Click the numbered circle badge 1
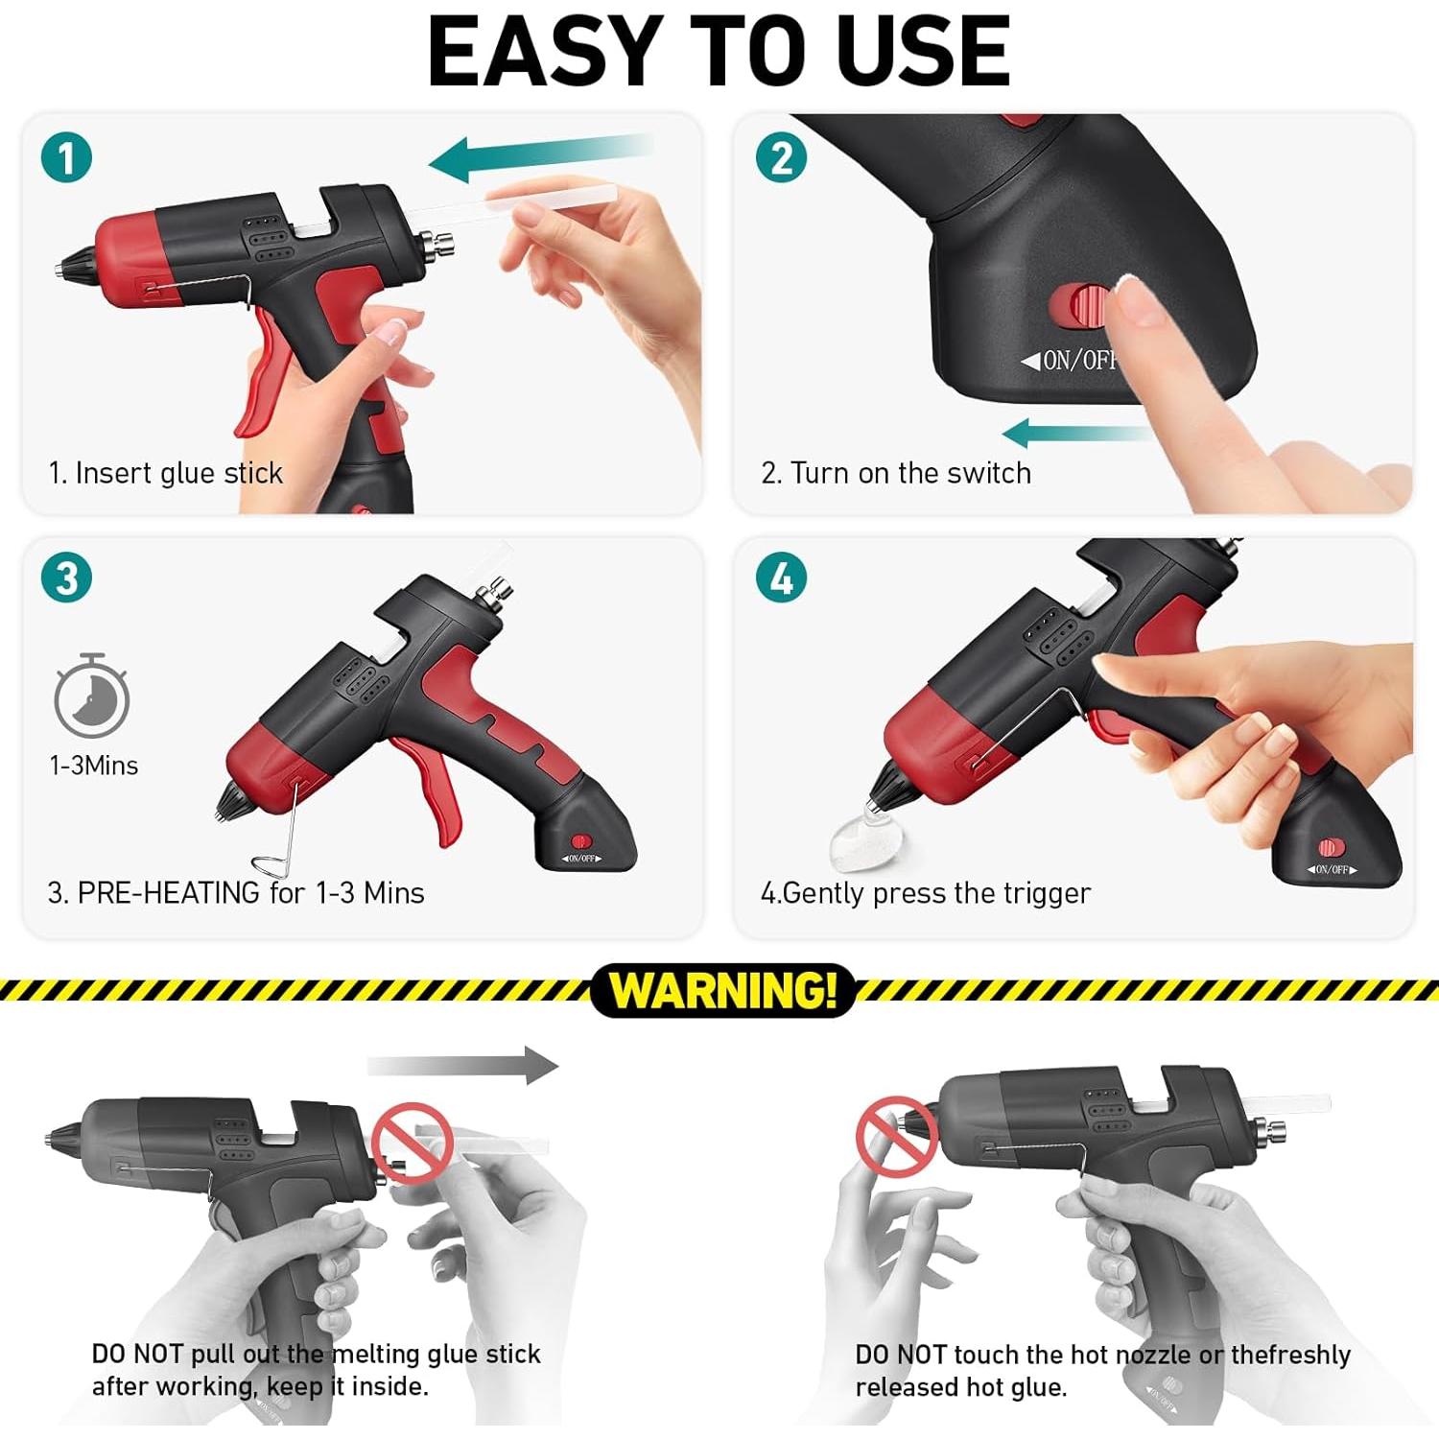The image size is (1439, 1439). point(66,157)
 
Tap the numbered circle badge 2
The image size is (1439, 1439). point(782,157)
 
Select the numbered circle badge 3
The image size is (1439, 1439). point(66,578)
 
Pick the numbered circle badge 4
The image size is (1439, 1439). point(782,578)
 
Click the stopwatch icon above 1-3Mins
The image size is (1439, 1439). point(92,697)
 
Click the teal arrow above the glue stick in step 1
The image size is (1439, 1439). point(537,155)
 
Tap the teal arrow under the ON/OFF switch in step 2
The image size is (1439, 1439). point(1074,433)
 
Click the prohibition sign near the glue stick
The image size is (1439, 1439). point(412,1142)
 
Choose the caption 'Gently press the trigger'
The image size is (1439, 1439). point(935,893)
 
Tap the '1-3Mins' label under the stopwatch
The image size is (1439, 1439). point(94,766)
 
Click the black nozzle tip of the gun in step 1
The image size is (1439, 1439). point(73,264)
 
